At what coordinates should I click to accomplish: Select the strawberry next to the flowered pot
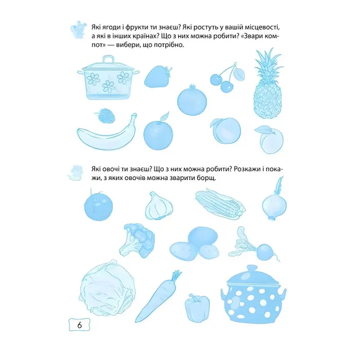(158, 77)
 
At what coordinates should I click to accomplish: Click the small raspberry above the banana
(105, 115)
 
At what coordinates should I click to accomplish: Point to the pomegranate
(192, 100)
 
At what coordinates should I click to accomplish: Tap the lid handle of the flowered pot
(108, 59)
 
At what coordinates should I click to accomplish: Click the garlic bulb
(159, 206)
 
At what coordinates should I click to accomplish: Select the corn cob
(220, 203)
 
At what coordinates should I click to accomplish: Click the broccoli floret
(137, 240)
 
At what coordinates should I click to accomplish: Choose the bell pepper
(197, 308)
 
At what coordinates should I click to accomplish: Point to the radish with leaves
(255, 246)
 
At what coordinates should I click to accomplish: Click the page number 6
(79, 325)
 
